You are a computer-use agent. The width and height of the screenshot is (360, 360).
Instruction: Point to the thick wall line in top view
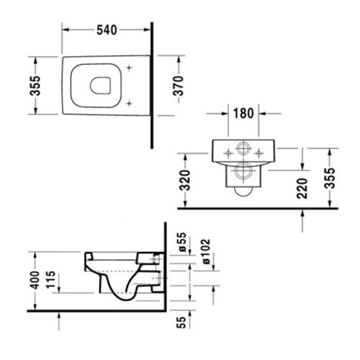[153, 85]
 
